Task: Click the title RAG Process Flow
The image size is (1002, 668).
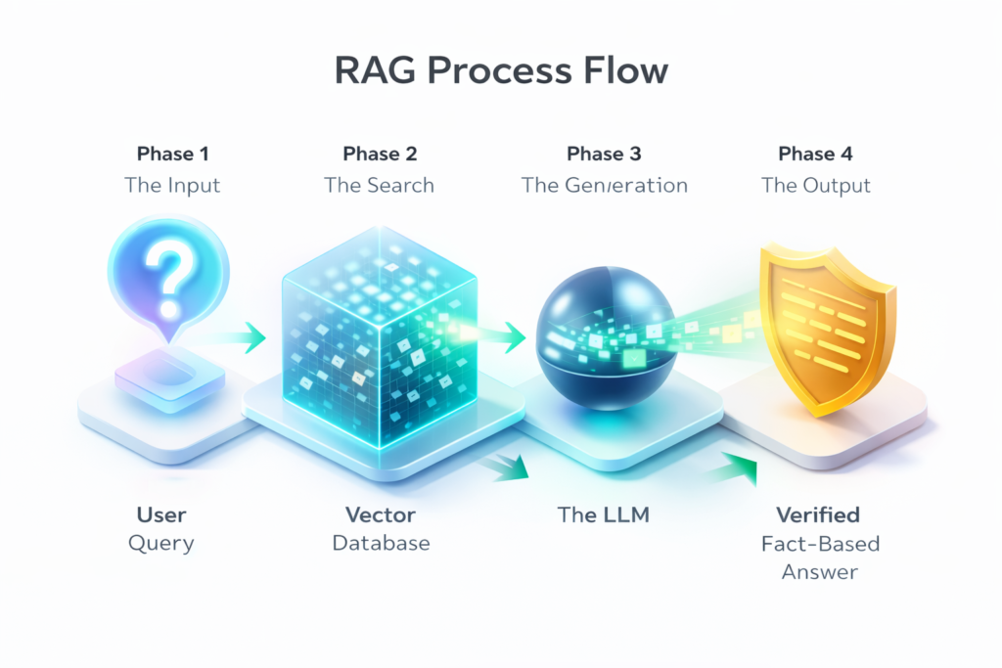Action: (x=500, y=72)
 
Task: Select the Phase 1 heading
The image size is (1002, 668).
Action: (x=171, y=154)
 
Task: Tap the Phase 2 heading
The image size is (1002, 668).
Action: (x=380, y=154)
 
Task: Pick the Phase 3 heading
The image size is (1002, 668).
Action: (x=604, y=154)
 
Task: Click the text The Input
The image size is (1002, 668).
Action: (x=171, y=185)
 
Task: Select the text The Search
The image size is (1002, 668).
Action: (x=380, y=185)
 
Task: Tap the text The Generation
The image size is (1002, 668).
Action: (x=604, y=185)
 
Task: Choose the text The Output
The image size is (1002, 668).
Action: (x=815, y=185)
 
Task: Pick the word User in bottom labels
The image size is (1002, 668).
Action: (x=162, y=514)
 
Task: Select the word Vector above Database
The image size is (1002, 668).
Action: (x=381, y=514)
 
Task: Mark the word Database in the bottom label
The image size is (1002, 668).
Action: (x=381, y=543)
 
